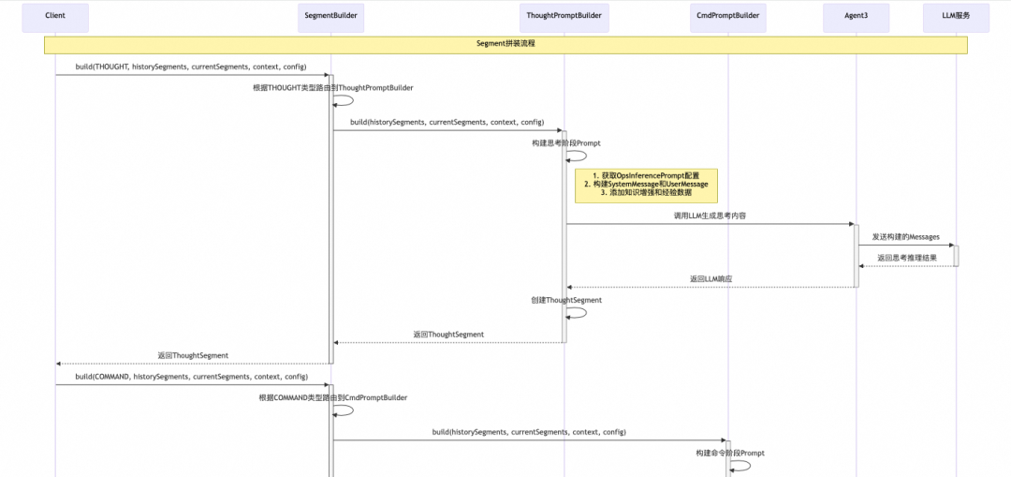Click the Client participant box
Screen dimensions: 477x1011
pyautogui.click(x=54, y=16)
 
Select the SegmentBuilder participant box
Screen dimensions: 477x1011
pyautogui.click(x=330, y=16)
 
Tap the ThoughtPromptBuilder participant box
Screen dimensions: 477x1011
pyautogui.click(x=564, y=16)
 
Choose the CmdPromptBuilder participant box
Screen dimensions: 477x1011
pyautogui.click(x=729, y=16)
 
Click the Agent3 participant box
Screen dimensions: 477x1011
pyautogui.click(x=856, y=16)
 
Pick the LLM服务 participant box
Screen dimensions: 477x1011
pyautogui.click(x=956, y=16)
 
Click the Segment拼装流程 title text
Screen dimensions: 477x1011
pyautogui.click(x=505, y=44)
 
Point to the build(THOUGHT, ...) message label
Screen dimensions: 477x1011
pyautogui.click(x=191, y=67)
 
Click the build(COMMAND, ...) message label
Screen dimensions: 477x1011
pyautogui.click(x=192, y=376)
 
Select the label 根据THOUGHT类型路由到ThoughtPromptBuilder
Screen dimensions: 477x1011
pyautogui.click(x=332, y=87)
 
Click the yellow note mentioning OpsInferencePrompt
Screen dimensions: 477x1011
pyautogui.click(x=646, y=185)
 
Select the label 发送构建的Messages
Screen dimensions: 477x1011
pyautogui.click(x=905, y=237)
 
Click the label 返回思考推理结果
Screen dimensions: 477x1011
pyautogui.click(x=905, y=257)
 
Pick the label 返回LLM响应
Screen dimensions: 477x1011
pyautogui.click(x=711, y=278)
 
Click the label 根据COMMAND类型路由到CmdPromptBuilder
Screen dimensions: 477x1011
pyautogui.click(x=333, y=397)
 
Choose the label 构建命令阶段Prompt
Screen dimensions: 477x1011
pyautogui.click(x=729, y=453)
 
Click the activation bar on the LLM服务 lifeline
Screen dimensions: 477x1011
pyautogui.click(x=956, y=255)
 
